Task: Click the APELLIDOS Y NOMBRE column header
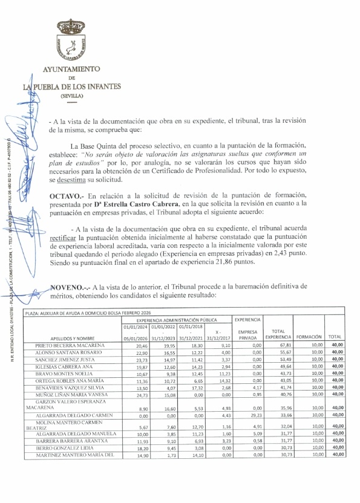64,339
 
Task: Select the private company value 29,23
248,415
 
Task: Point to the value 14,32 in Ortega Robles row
218,381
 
